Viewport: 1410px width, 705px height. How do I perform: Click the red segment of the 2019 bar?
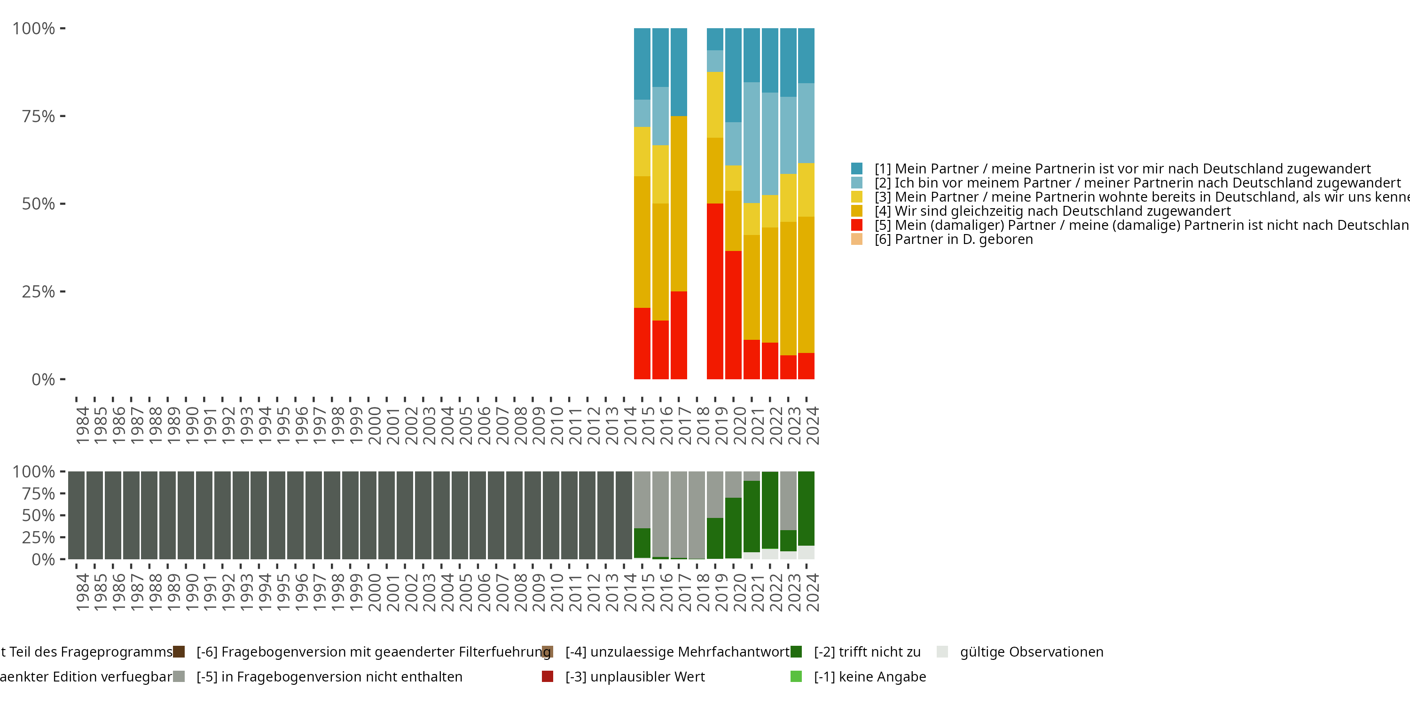715,291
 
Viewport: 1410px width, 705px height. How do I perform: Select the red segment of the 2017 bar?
679,335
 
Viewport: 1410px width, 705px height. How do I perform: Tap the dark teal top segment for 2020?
734,75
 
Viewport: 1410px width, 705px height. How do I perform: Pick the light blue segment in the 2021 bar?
752,142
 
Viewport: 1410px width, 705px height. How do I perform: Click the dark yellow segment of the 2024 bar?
806,285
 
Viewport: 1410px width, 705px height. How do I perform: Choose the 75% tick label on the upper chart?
39,116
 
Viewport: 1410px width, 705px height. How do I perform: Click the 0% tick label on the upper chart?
43,379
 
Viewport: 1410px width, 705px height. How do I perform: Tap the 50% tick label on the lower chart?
39,515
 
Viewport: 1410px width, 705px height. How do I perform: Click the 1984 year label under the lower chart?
82,592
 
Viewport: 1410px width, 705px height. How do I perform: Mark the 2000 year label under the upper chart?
375,426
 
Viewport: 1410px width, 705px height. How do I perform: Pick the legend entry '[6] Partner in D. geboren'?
954,239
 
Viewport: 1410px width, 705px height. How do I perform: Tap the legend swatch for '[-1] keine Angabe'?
796,676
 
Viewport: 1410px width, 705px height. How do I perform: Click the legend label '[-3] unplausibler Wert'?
635,676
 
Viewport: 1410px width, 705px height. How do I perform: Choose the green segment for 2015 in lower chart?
642,543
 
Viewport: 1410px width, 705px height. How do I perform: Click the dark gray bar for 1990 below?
186,515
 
